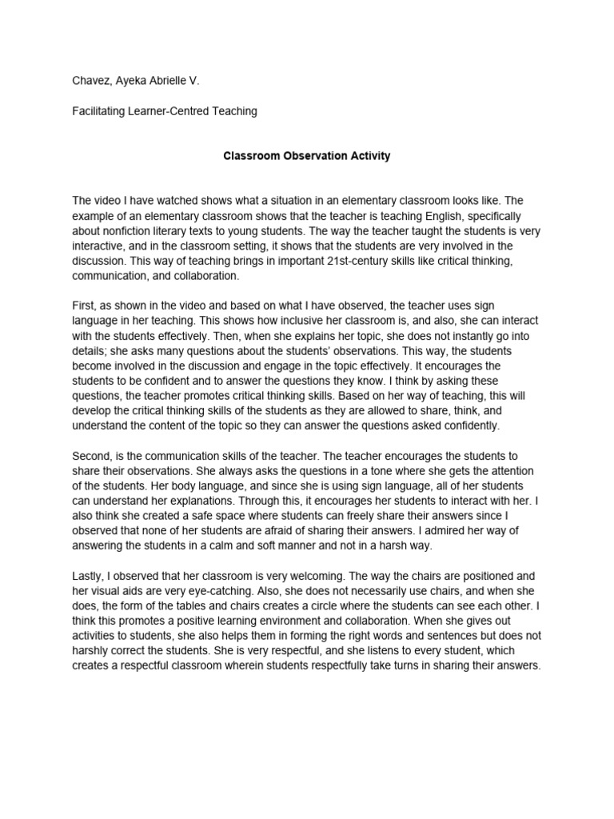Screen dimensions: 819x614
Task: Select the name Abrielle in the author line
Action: pos(172,81)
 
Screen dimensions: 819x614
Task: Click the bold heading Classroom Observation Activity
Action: pos(306,156)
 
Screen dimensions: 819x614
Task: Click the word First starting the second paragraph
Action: pos(84,306)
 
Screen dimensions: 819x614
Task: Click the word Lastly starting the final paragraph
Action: pos(89,576)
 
